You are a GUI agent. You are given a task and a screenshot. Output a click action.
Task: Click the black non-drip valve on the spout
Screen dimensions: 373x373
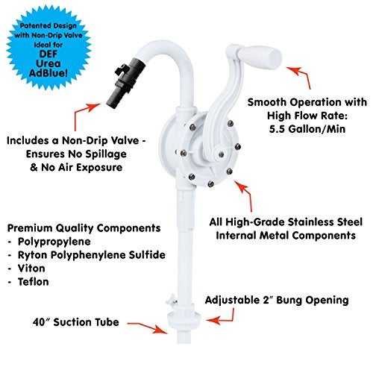click(126, 83)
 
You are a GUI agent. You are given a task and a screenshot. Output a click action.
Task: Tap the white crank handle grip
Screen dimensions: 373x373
click(260, 58)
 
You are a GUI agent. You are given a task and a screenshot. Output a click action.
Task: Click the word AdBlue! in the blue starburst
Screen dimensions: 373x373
click(48, 73)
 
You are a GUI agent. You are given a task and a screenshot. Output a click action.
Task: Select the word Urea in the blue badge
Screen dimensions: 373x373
click(48, 63)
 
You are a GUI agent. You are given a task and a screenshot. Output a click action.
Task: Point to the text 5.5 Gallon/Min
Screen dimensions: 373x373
click(307, 129)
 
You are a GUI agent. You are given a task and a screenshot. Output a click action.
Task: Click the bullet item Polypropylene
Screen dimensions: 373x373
click(54, 242)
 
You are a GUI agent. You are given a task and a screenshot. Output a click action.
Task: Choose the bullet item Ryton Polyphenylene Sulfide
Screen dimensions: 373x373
click(92, 255)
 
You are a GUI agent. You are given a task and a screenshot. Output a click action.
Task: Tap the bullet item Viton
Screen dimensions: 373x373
click(31, 269)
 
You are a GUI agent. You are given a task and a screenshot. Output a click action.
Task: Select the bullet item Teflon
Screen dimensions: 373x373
click(34, 282)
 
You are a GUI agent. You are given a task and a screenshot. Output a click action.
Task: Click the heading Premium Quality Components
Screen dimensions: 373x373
click(84, 228)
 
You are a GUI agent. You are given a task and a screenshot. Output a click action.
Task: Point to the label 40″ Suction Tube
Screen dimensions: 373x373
click(76, 322)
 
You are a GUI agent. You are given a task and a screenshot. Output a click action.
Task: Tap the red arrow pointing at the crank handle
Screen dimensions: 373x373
click(301, 75)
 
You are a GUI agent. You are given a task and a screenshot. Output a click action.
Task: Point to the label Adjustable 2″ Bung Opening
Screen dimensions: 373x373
click(277, 300)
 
